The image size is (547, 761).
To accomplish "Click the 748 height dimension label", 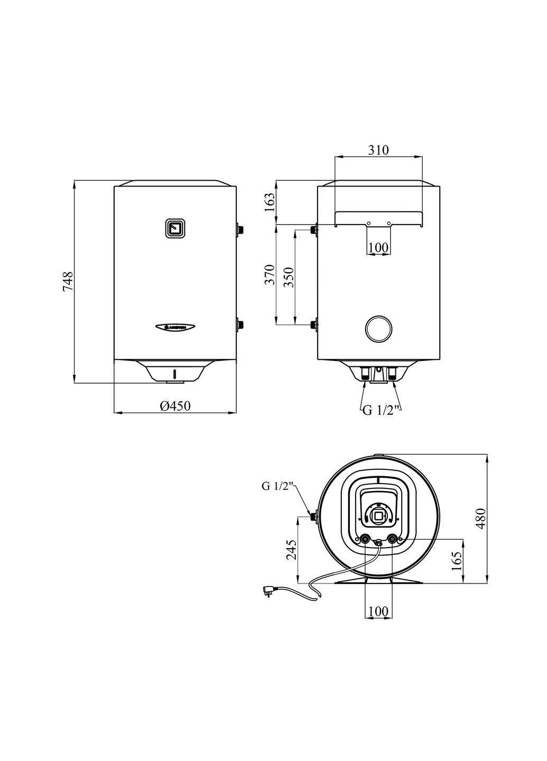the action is click(68, 281).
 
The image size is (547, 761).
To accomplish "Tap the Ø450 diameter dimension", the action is click(175, 406).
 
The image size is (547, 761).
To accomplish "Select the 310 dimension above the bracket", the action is click(378, 150).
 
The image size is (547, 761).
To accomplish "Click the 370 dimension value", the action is click(269, 274).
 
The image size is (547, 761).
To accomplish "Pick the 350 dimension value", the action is click(288, 277).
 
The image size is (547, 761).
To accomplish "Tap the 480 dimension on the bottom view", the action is click(481, 519).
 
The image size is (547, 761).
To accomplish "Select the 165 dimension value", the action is click(457, 561).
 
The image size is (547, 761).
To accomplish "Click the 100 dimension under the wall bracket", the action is click(378, 247).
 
